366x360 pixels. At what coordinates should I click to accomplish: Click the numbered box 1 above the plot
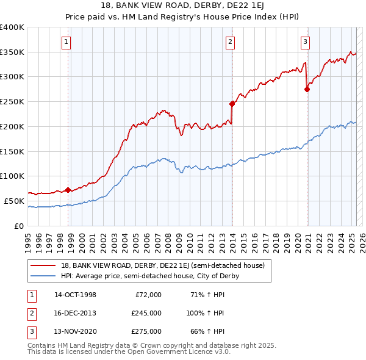pyautogui.click(x=65, y=42)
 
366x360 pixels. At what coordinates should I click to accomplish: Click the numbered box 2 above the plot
pyautogui.click(x=230, y=42)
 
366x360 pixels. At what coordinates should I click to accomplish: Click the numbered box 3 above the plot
pyautogui.click(x=305, y=42)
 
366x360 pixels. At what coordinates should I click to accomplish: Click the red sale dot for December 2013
pyautogui.click(x=232, y=104)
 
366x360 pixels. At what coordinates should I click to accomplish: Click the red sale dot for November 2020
pyautogui.click(x=307, y=89)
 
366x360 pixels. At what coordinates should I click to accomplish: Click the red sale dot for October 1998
pyautogui.click(x=68, y=190)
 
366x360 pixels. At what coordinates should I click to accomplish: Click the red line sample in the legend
pyautogui.click(x=43, y=266)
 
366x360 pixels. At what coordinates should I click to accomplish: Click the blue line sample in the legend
pyautogui.click(x=43, y=276)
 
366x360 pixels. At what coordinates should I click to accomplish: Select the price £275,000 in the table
pyautogui.click(x=146, y=331)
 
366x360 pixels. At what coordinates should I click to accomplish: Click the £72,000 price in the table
pyautogui.click(x=148, y=295)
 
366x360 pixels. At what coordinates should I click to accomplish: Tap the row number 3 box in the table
pyautogui.click(x=29, y=331)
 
